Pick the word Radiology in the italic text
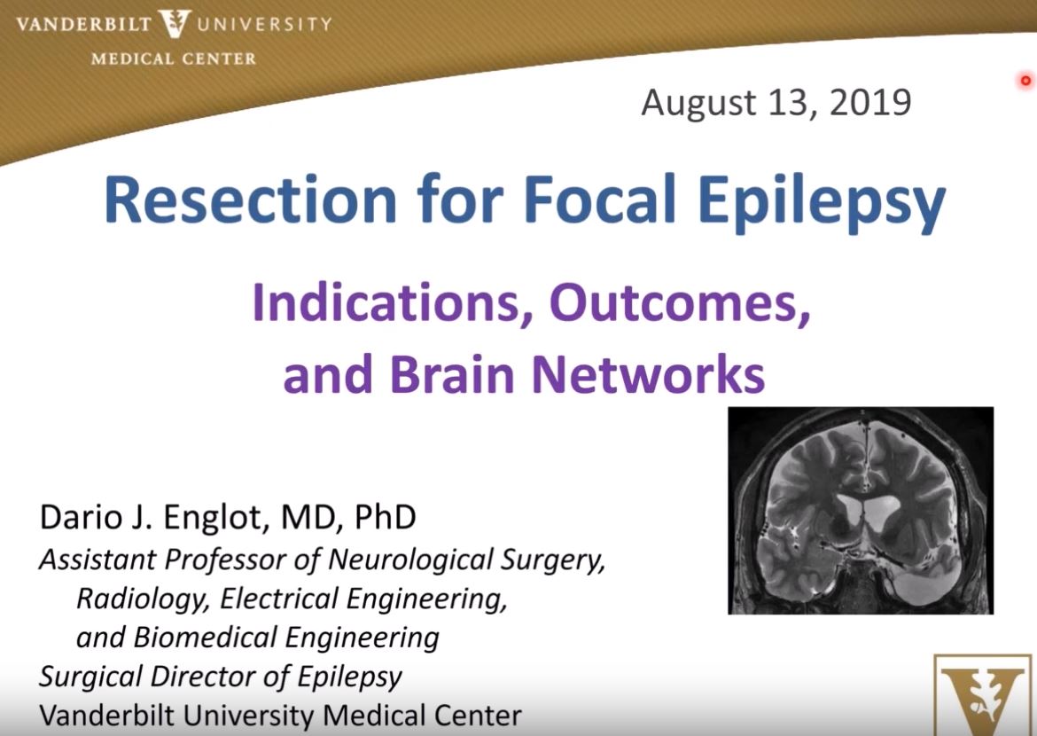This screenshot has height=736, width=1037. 144,599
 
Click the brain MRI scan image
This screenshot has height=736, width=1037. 860,510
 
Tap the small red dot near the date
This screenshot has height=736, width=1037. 1026,81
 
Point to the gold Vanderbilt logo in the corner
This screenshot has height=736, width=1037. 985,695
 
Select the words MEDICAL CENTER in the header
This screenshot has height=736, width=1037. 174,59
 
